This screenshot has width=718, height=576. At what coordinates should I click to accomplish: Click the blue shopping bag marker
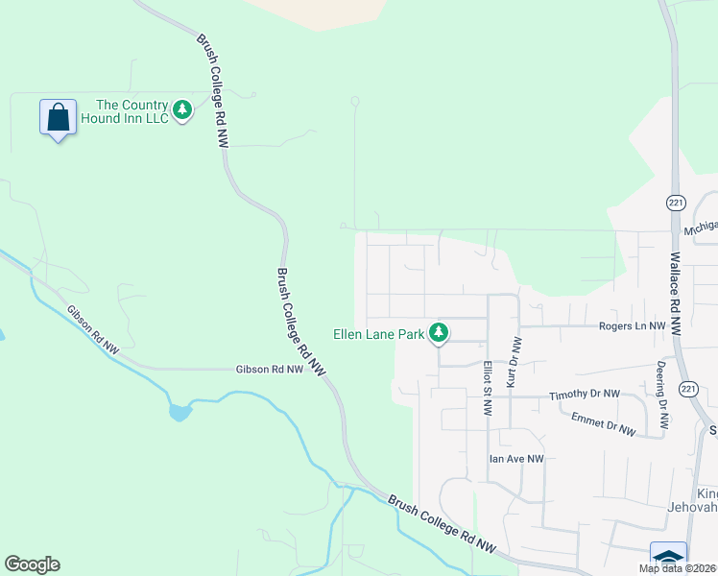[59, 118]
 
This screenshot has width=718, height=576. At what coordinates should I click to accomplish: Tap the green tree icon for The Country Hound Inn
[182, 110]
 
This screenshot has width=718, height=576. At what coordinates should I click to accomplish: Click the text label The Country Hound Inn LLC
[132, 111]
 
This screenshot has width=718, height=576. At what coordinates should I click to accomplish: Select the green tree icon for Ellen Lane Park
[439, 333]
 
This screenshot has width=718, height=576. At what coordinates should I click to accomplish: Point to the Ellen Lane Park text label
[378, 335]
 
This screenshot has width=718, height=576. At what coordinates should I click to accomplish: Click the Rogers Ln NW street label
[632, 326]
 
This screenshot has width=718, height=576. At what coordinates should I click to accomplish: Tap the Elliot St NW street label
[488, 388]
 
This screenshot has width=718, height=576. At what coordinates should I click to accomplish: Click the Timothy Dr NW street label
[584, 395]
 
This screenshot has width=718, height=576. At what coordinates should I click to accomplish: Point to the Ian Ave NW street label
[516, 459]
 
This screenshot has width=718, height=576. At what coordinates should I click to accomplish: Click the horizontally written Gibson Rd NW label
[270, 369]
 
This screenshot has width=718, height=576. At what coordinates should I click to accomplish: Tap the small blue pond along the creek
[179, 413]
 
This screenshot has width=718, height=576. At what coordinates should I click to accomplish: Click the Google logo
[32, 564]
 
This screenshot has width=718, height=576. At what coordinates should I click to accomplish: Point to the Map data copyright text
[678, 568]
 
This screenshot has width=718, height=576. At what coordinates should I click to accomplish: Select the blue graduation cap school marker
[668, 558]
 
